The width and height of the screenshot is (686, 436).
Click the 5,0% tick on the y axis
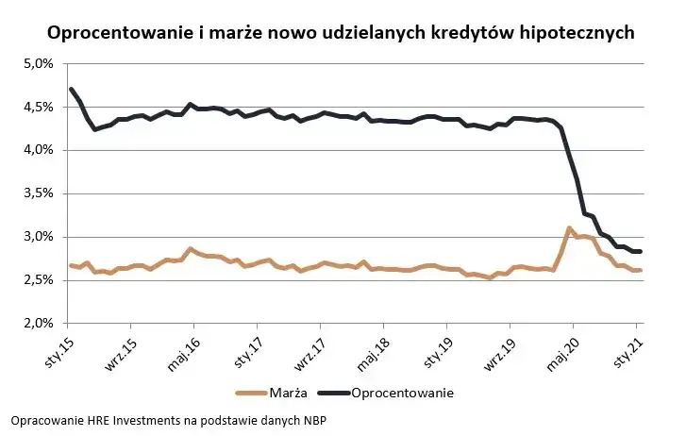coord(37,64)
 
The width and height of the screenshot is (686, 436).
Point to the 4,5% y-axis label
coord(37,108)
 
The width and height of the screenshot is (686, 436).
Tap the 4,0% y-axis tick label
coord(37,150)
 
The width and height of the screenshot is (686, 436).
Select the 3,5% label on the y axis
coord(37,193)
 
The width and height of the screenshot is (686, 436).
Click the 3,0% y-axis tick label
coord(37,237)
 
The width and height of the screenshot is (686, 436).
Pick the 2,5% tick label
coord(37,280)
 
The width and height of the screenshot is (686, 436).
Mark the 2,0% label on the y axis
coord(37,324)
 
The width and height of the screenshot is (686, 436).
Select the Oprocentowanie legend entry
coord(400,393)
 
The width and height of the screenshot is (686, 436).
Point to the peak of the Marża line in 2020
coord(569,228)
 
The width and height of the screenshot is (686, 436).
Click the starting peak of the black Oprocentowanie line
coord(72,90)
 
